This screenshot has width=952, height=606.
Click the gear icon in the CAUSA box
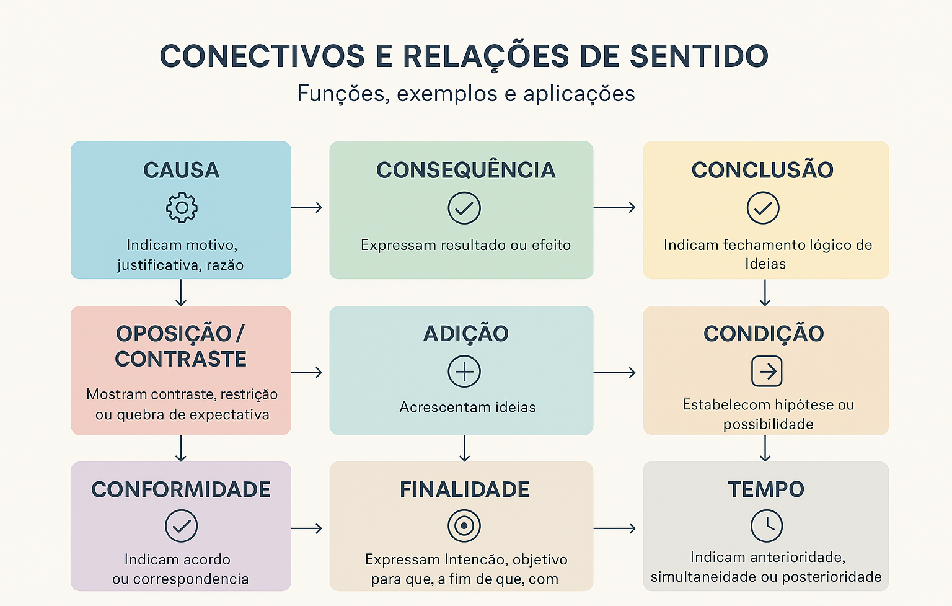click(x=182, y=208)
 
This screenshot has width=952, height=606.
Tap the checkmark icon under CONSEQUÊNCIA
click(x=464, y=208)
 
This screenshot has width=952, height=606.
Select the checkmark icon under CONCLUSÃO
click(x=763, y=208)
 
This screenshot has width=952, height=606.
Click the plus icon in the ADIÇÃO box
click(x=464, y=372)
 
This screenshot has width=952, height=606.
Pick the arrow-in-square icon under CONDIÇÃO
click(x=767, y=372)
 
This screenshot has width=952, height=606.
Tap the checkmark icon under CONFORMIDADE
click(x=181, y=526)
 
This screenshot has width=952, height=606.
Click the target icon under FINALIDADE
click(x=464, y=526)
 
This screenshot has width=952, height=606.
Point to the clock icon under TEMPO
click(x=767, y=526)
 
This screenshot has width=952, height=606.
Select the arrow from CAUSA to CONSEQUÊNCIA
click(x=307, y=207)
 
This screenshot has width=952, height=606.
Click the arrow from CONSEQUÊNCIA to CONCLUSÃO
click(x=614, y=207)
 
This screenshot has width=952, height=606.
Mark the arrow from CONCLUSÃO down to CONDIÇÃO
click(x=765, y=293)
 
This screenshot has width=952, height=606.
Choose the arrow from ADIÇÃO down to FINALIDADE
click(x=465, y=448)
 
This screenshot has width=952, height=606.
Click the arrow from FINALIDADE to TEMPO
click(x=614, y=528)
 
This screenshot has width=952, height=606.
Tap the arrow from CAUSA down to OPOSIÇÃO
click(x=181, y=293)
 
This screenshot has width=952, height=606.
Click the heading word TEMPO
click(x=766, y=489)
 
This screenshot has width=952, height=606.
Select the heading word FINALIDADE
click(x=464, y=489)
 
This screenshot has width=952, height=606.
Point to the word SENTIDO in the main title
click(x=699, y=56)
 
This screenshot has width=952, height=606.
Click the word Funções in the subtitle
click(x=343, y=94)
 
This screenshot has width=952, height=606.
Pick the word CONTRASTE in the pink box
click(x=181, y=359)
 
